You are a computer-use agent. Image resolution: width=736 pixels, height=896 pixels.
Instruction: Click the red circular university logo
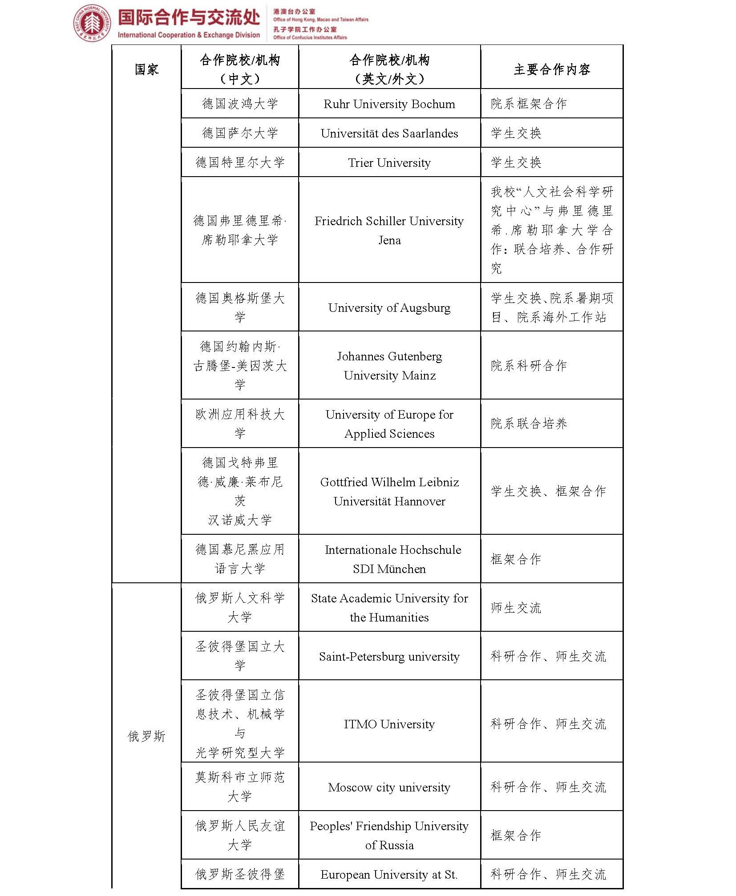[x=92, y=24]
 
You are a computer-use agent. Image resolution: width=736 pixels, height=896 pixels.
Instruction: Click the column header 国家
[x=146, y=69]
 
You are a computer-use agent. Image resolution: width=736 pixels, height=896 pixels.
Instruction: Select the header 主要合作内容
[x=551, y=69]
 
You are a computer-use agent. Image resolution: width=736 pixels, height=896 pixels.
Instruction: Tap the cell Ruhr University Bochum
[x=389, y=104]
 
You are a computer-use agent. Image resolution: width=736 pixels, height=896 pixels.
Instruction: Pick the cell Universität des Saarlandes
[x=389, y=133]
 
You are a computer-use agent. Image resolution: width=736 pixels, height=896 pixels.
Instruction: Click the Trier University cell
[x=389, y=163]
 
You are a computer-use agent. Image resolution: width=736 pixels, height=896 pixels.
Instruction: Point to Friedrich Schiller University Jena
[x=389, y=230]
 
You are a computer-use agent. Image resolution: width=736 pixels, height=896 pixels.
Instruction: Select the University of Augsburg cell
[x=389, y=308]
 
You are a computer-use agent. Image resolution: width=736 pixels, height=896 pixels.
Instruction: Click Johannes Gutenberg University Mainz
[x=389, y=366]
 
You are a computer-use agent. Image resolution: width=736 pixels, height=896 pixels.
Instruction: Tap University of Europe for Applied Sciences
[x=389, y=424]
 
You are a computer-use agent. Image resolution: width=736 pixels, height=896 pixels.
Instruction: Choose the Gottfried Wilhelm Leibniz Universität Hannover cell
[x=389, y=492]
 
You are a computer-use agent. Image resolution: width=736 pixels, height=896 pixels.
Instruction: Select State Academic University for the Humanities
[x=389, y=608]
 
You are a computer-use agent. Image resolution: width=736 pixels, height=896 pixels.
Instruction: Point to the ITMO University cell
[x=389, y=724]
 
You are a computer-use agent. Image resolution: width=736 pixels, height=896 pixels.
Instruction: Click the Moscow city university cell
[x=389, y=787]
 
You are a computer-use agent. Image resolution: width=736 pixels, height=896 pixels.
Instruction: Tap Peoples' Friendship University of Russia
[x=389, y=835]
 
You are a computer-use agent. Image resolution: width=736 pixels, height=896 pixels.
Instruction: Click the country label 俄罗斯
[x=146, y=736]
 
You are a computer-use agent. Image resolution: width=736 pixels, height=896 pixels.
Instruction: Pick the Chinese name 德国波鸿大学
[x=240, y=104]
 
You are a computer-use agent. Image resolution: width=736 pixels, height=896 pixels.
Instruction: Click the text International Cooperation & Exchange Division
[x=189, y=35]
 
